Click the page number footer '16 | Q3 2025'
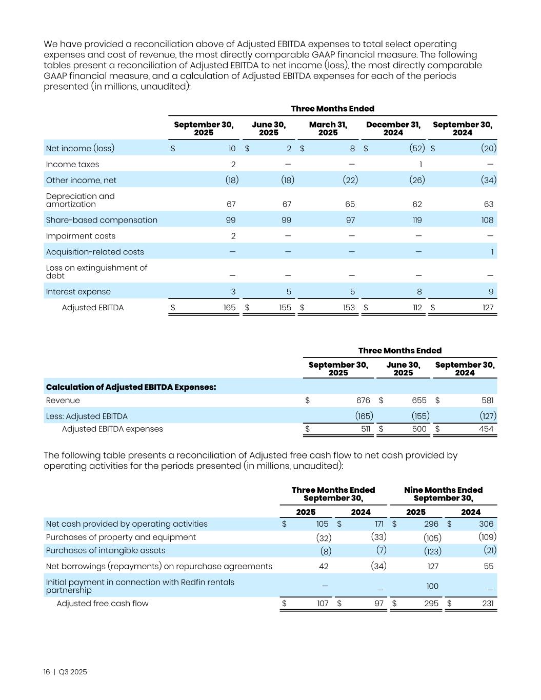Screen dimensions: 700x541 [65, 672]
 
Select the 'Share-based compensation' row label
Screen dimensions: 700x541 [102, 220]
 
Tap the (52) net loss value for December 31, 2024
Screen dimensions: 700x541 [417, 148]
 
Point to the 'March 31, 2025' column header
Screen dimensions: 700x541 [328, 128]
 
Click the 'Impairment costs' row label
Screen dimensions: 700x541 [81, 236]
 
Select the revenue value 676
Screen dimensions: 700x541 [363, 401]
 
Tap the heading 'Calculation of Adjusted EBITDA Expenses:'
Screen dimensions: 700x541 [131, 387]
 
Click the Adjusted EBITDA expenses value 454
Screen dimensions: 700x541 [486, 429]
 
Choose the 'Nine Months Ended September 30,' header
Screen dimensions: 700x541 [443, 494]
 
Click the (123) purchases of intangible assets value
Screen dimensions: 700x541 [432, 551]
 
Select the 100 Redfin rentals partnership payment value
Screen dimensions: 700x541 [432, 586]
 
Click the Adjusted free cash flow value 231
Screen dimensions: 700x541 [488, 604]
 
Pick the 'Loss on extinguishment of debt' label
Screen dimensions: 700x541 [96, 272]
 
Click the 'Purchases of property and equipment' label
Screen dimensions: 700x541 [121, 537]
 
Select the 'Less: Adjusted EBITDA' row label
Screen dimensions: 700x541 [87, 416]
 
